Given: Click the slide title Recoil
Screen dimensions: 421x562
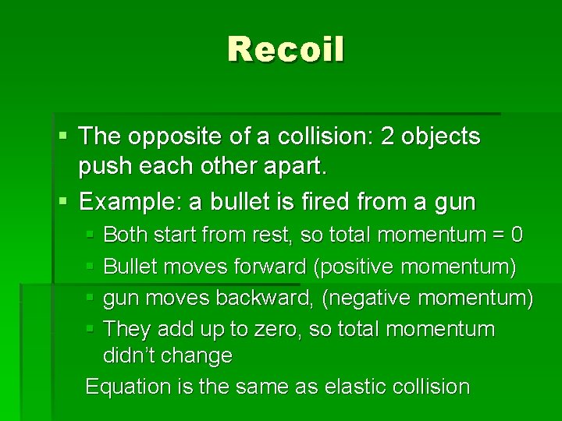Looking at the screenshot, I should click(286, 50).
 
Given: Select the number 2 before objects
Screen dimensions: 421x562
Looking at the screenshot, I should click(387, 137).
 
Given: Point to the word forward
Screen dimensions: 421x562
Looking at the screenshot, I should click(269, 267).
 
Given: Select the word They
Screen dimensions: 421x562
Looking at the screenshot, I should click(126, 329).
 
